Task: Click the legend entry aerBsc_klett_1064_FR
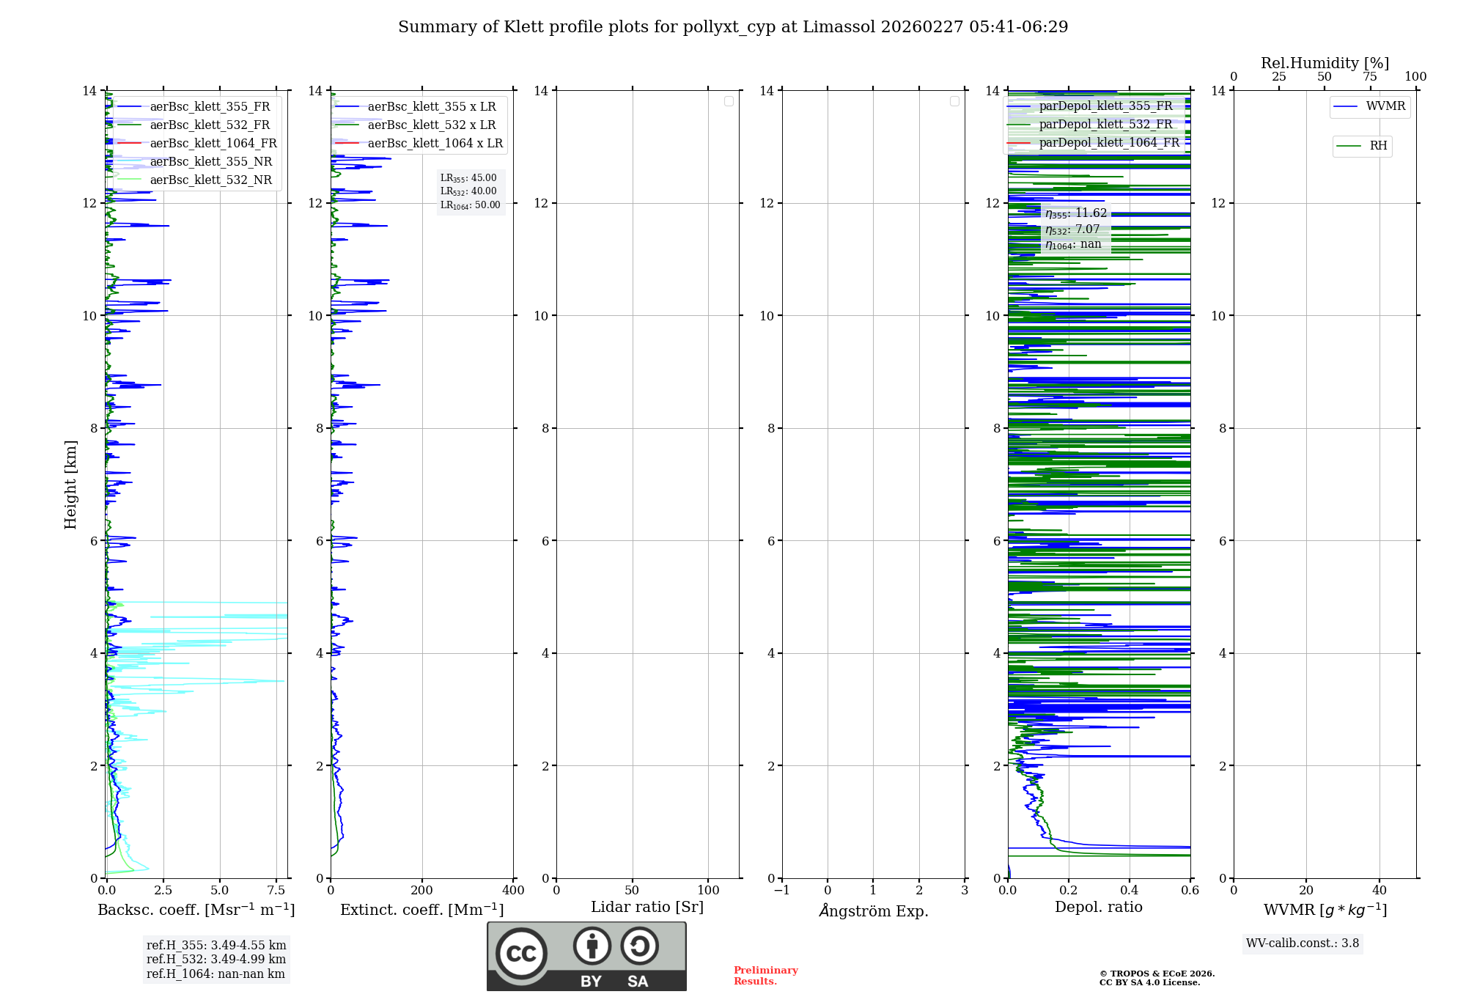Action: pos(213,144)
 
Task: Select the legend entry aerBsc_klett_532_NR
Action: pos(210,180)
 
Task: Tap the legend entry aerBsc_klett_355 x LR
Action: pos(431,107)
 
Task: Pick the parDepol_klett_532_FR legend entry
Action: pos(1105,125)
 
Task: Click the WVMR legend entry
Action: pos(1385,106)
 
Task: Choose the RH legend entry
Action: pos(1378,146)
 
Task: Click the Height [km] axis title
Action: pos(70,485)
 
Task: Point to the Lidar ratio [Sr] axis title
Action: pos(647,908)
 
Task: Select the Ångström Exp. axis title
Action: pos(873,911)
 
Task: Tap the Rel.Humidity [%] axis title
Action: pos(1325,63)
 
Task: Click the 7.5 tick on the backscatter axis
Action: pos(276,891)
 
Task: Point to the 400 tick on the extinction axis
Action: pos(513,891)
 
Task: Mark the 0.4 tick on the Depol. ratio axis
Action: pos(1130,891)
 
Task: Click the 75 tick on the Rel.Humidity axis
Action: pos(1370,77)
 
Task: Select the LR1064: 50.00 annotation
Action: pos(471,205)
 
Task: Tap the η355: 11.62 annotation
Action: pos(1076,213)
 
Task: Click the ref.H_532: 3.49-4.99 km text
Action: pos(216,960)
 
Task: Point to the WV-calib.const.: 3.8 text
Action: pos(1303,943)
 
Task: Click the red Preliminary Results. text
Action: pos(765,976)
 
